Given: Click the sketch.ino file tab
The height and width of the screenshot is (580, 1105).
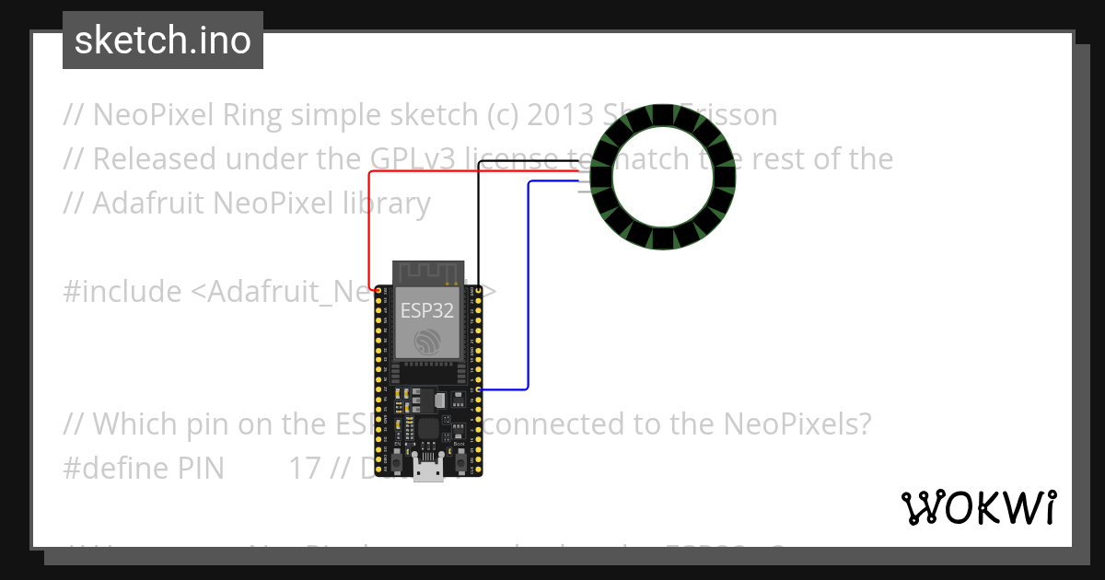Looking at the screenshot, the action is (x=162, y=41).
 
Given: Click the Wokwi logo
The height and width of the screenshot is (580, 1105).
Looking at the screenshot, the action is (x=978, y=507).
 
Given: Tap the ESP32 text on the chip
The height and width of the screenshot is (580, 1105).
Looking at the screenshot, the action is (x=426, y=310).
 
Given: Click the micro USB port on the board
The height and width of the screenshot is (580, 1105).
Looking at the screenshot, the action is (x=426, y=471).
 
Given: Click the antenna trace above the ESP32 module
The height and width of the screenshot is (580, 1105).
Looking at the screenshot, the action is (x=426, y=273).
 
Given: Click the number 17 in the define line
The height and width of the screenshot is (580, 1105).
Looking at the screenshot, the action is (x=305, y=468).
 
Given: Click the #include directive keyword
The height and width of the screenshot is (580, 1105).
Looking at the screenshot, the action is (x=122, y=292).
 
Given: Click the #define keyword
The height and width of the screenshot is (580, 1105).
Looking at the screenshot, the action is (x=115, y=468).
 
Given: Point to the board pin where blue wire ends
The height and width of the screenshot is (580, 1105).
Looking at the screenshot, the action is (x=477, y=390).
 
